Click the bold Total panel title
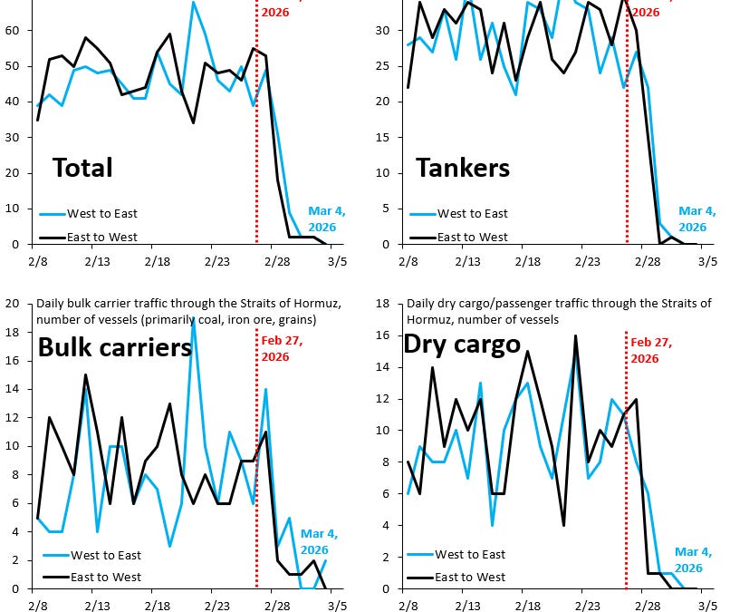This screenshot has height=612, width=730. click(x=82, y=168)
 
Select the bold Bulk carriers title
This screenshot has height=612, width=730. click(x=114, y=347)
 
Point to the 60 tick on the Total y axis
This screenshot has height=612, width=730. click(x=14, y=31)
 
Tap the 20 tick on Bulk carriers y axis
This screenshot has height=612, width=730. click(x=14, y=304)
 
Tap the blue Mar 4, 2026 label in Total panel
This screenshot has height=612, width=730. click(x=325, y=219)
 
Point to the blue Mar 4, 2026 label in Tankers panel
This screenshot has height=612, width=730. click(x=696, y=219)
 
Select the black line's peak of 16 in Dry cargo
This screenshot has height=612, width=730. click(x=575, y=335)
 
